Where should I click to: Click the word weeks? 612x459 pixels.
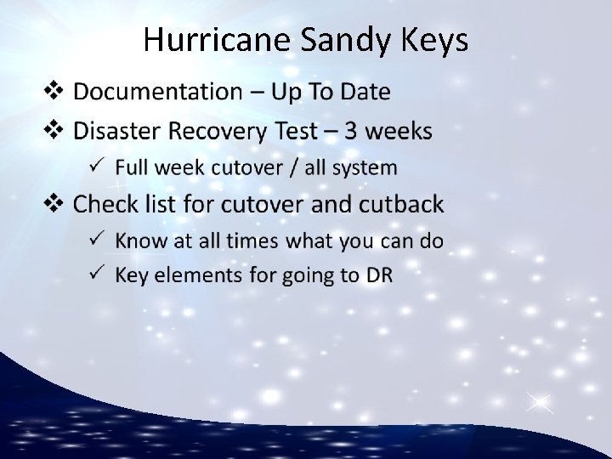tap(398, 131)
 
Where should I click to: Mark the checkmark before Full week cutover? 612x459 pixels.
tap(98, 167)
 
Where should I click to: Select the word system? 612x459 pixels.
tap(365, 168)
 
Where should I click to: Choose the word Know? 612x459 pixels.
tap(141, 241)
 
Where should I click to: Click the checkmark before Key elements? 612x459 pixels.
tap(98, 274)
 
